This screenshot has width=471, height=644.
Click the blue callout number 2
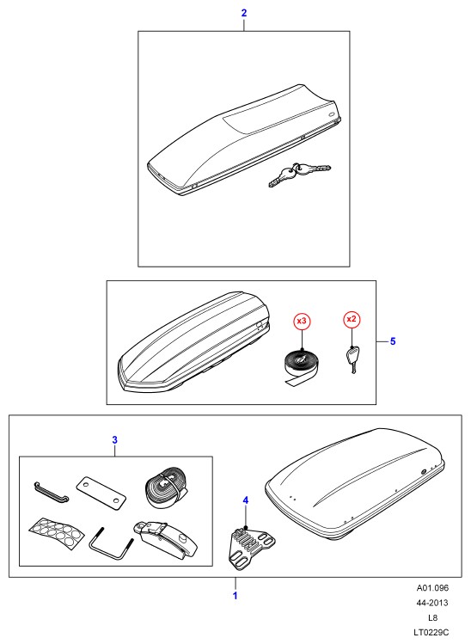pyautogui.click(x=244, y=13)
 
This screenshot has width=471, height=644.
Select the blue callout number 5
pyautogui.click(x=393, y=341)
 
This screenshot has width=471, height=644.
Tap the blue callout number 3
pyautogui.click(x=114, y=440)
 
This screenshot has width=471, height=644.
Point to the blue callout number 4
pyautogui.click(x=246, y=500)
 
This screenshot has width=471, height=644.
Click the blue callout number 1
pyautogui.click(x=235, y=596)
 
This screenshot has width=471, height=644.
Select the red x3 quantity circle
pyautogui.click(x=302, y=322)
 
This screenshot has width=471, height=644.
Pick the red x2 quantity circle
pyautogui.click(x=352, y=319)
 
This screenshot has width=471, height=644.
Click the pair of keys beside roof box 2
pyautogui.click(x=299, y=175)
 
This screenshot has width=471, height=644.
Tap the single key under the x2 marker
pyautogui.click(x=352, y=359)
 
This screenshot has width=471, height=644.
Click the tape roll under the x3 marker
pyautogui.click(x=303, y=366)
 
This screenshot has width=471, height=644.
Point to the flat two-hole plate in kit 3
pyautogui.click(x=101, y=493)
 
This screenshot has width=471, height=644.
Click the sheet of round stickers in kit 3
pyautogui.click(x=57, y=532)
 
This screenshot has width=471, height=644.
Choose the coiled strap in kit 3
pyautogui.click(x=167, y=487)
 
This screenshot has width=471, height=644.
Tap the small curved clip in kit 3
pyautogui.click(x=51, y=492)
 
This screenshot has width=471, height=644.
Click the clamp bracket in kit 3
pyautogui.click(x=164, y=540)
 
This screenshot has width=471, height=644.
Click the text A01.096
pyautogui.click(x=433, y=588)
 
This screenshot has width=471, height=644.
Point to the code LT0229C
pyautogui.click(x=433, y=632)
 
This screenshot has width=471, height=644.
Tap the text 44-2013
pyautogui.click(x=433, y=603)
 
